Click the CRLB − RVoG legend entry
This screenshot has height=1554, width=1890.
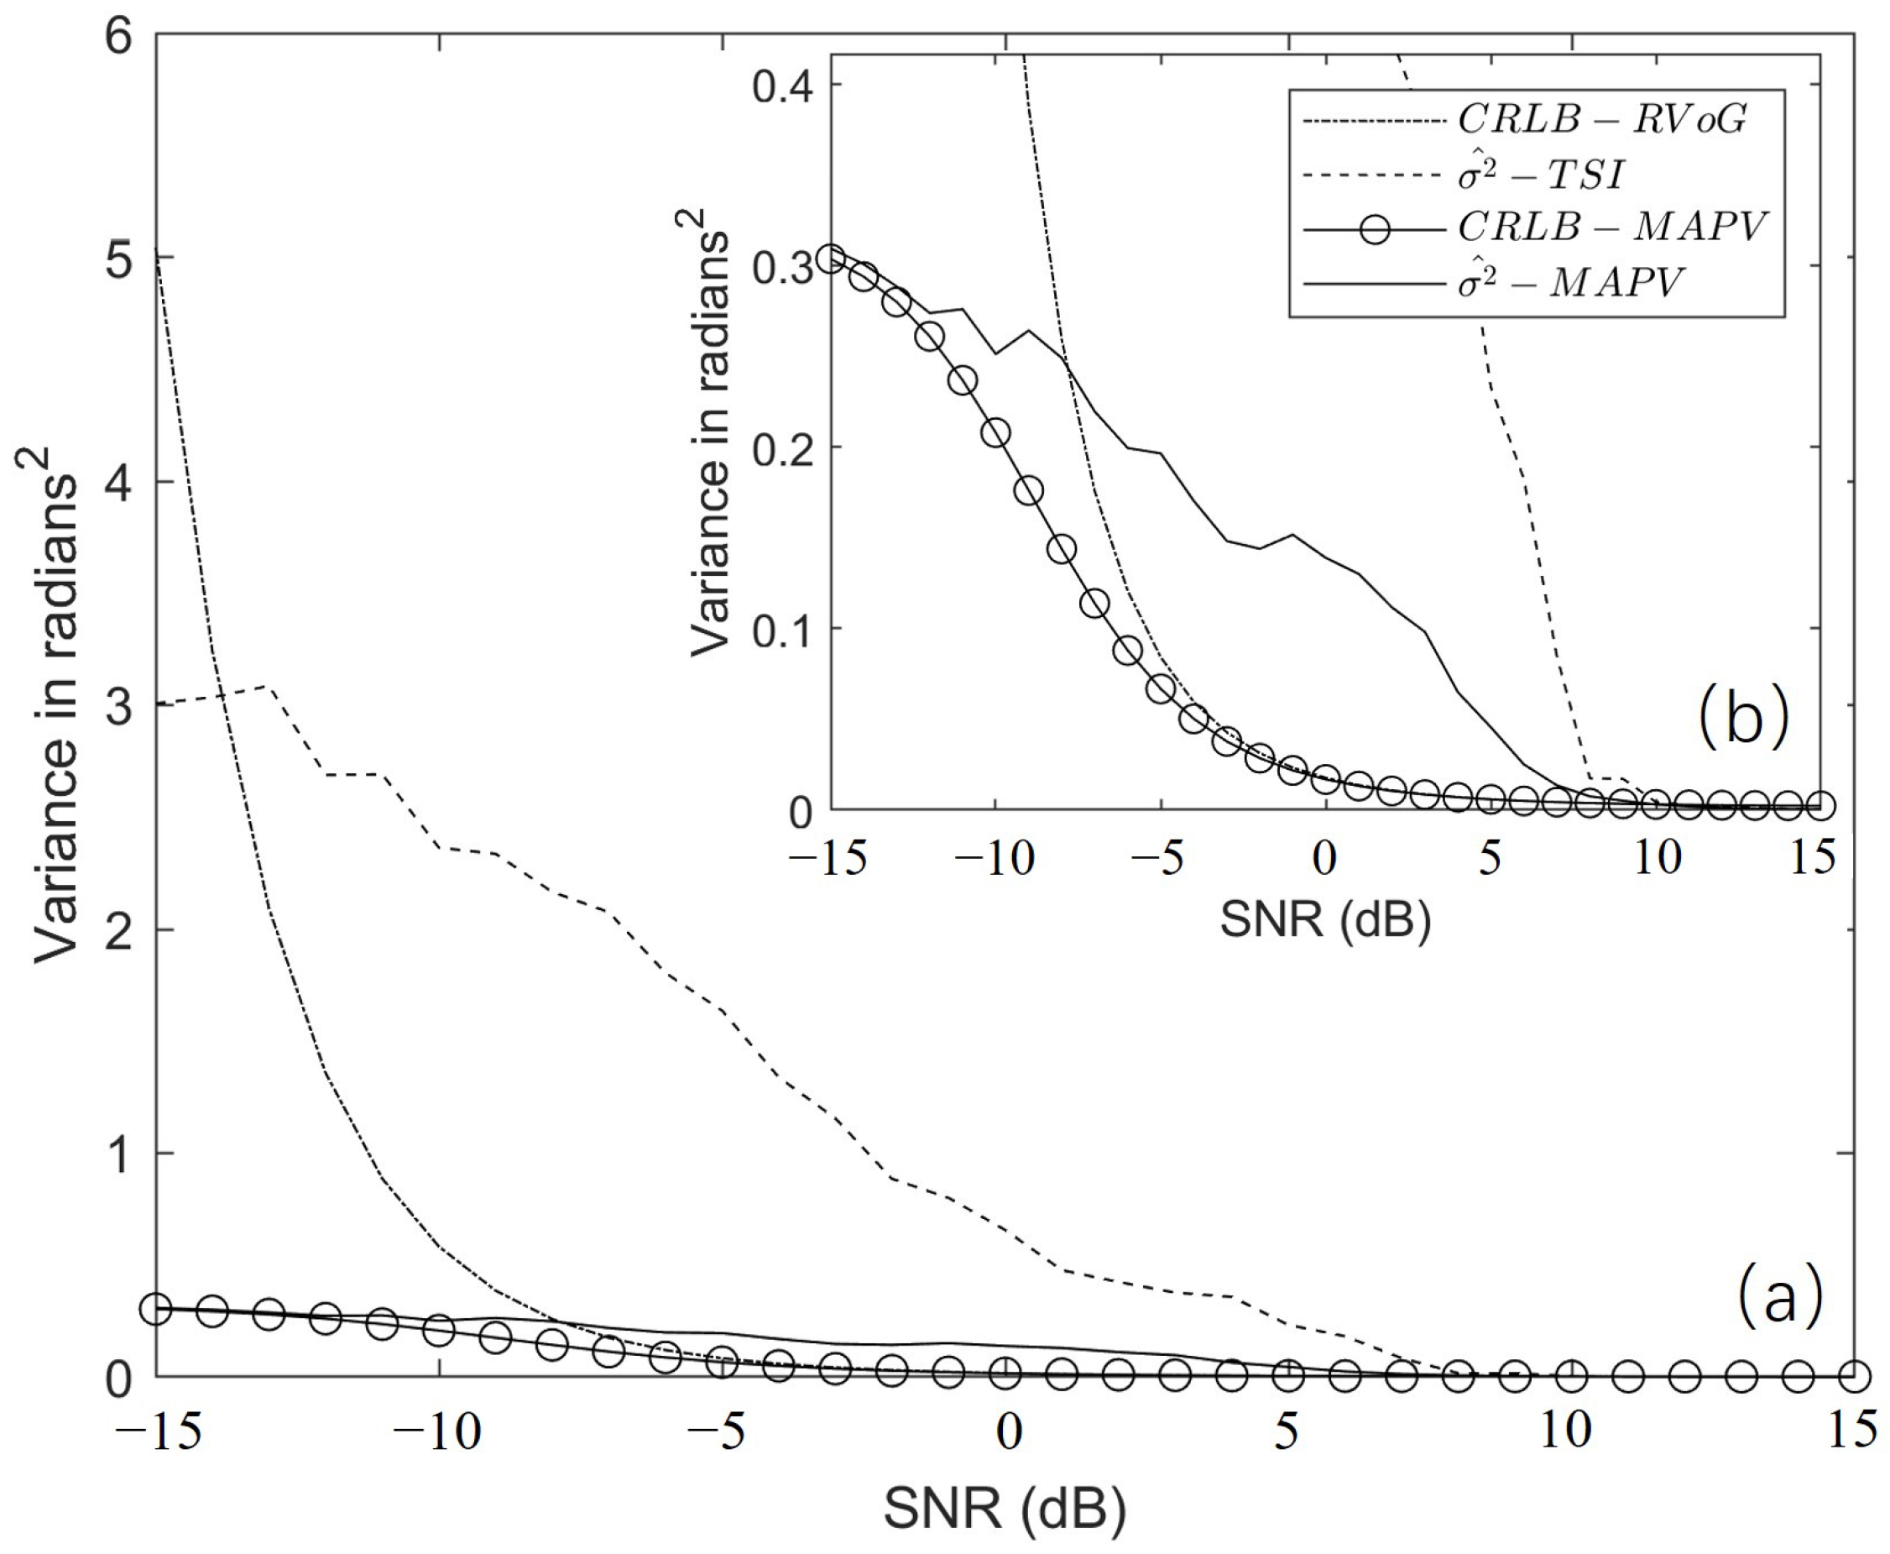pyautogui.click(x=1601, y=118)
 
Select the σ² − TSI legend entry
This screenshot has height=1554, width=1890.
pyautogui.click(x=1539, y=174)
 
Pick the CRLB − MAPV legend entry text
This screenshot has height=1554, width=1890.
pyautogui.click(x=1611, y=228)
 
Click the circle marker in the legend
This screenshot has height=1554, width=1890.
pyautogui.click(x=1375, y=229)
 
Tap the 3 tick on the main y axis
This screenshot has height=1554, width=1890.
pyautogui.click(x=119, y=706)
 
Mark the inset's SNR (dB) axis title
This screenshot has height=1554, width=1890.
pyautogui.click(x=1324, y=920)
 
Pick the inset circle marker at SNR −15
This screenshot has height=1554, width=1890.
pyautogui.click(x=832, y=259)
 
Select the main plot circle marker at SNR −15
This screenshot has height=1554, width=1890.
pyautogui.click(x=157, y=1308)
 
